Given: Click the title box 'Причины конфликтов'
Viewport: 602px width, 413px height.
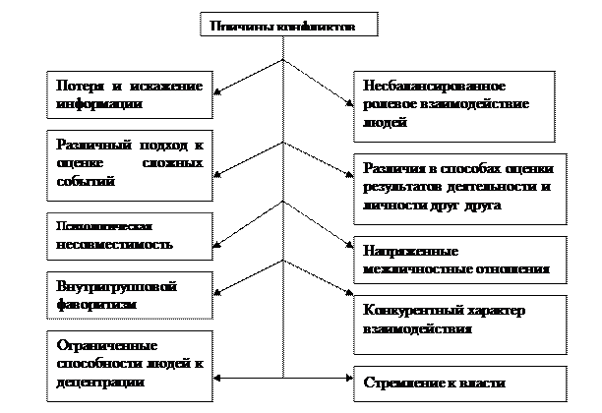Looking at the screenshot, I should [289, 27].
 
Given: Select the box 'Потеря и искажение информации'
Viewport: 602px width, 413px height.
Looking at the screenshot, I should [130, 93].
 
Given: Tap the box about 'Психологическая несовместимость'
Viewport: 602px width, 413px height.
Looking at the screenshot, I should [130, 235].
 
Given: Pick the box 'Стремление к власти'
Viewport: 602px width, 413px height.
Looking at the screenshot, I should [460, 382].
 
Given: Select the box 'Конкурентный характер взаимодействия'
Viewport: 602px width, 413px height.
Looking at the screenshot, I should [460, 322].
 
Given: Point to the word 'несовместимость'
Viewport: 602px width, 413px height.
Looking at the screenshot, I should [114, 244].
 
